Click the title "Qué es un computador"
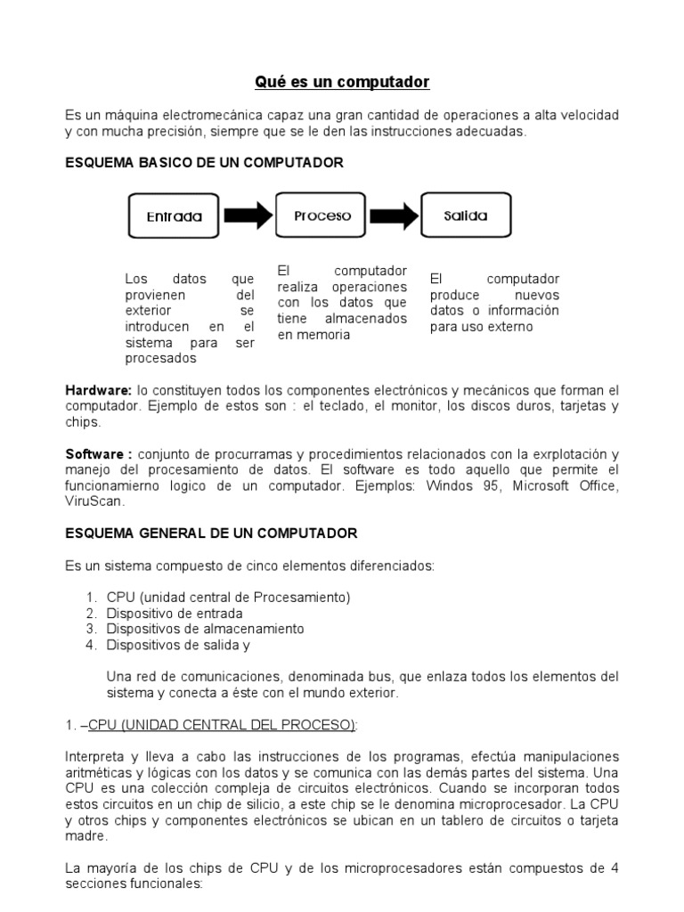tap(342, 82)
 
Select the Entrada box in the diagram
tap(175, 216)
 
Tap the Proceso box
tap(322, 216)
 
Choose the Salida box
tap(465, 216)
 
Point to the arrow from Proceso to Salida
tap(394, 216)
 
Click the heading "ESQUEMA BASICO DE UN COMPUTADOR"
tap(204, 163)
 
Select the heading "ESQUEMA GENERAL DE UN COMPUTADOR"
tap(211, 533)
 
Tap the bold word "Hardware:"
tap(98, 391)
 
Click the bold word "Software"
tap(94, 454)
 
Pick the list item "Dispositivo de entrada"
tap(175, 613)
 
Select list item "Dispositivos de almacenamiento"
tap(205, 629)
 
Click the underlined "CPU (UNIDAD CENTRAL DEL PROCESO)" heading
tap(222, 725)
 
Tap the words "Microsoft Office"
tap(570, 486)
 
